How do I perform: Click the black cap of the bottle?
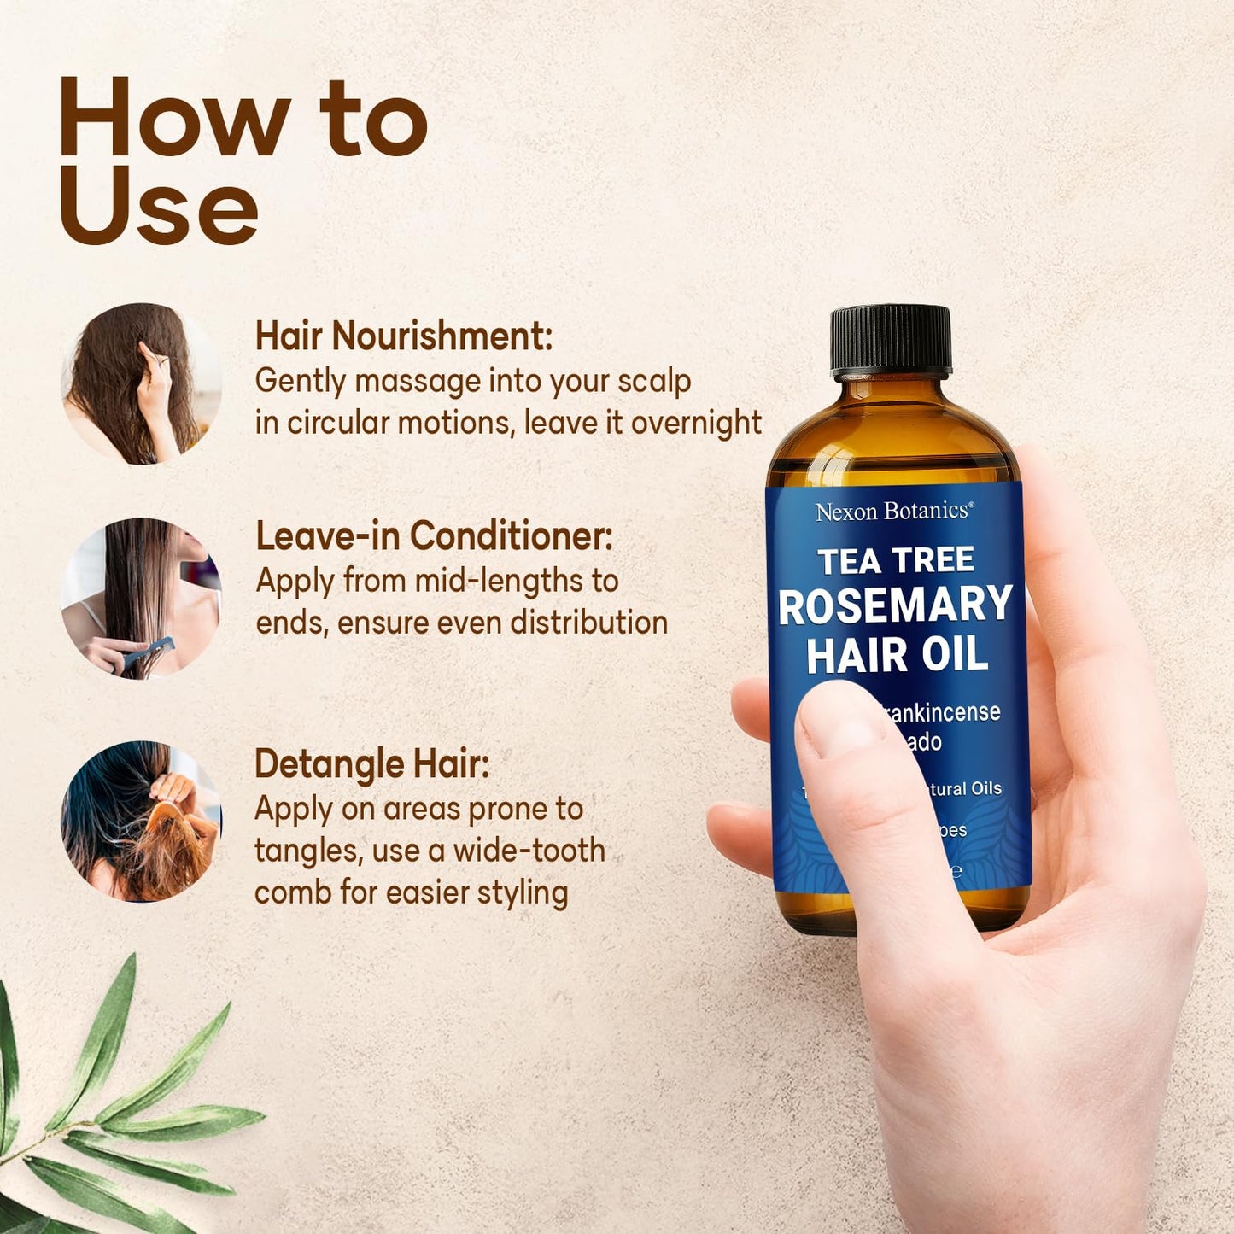tap(891, 340)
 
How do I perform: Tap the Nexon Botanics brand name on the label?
tap(894, 512)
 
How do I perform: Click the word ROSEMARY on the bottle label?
tap(895, 605)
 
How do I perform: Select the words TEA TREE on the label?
tap(896, 561)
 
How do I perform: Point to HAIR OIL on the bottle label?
tap(897, 655)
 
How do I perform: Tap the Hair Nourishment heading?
tap(404, 336)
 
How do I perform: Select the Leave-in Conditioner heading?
tap(434, 536)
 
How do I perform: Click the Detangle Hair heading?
tap(371, 763)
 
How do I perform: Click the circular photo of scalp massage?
tap(141, 384)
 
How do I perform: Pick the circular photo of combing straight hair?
tap(141, 598)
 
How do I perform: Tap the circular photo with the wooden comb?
tap(141, 822)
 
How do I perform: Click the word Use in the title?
tap(158, 206)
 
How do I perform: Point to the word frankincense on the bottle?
tap(944, 712)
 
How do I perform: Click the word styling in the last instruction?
tap(522, 893)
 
